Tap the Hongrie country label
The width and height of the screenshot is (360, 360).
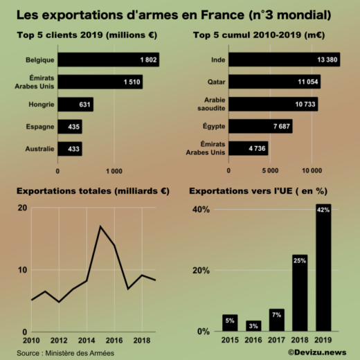coord(40,105)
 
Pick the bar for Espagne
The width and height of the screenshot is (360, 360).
coord(69,127)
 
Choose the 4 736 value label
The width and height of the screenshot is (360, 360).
coord(254,148)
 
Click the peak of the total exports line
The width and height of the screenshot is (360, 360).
coord(100,226)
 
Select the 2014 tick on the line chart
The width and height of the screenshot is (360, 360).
coord(87,341)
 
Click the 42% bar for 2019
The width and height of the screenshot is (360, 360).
coord(323,270)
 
